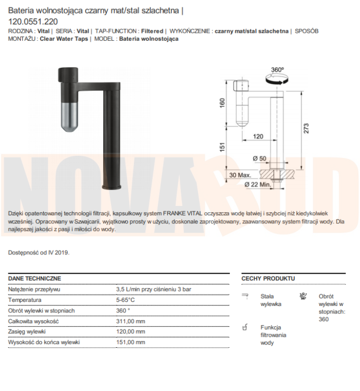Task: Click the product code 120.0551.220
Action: coord(33,22)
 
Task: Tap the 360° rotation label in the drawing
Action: coord(278,69)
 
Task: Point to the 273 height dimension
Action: coord(306,128)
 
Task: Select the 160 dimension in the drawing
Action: coord(222,103)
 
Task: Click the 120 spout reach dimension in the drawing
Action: coord(258,137)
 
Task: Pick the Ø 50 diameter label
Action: coord(259,158)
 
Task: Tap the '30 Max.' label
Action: coord(240,175)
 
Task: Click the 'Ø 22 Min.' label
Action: coord(257,184)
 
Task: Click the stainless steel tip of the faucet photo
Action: coord(69,117)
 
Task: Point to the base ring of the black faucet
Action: coord(111,187)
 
